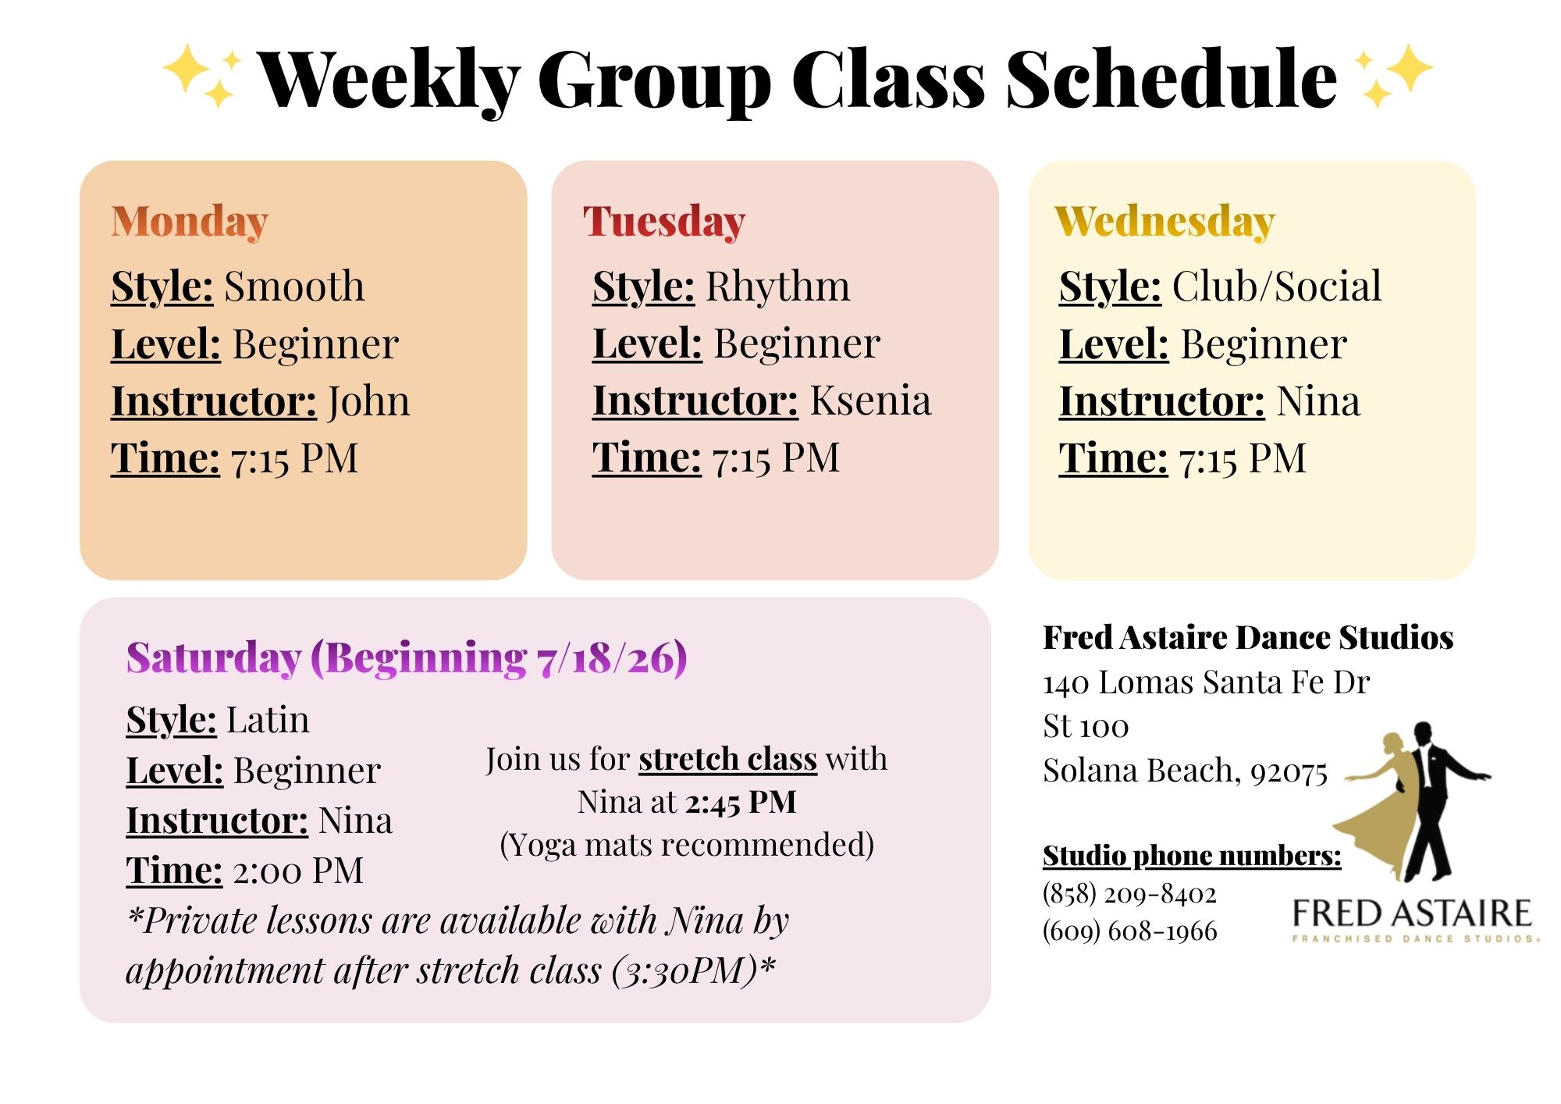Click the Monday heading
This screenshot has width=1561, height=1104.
pos(190,221)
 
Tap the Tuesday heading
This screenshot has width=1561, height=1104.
pos(664,221)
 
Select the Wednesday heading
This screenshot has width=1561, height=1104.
pos(1165,221)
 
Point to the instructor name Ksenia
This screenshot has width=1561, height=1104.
pos(870,401)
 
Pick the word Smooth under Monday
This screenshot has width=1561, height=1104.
pos(294,286)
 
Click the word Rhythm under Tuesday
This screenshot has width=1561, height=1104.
pos(778,287)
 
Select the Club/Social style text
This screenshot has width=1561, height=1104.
pos(1277,286)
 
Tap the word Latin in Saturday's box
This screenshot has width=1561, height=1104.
pos(268,719)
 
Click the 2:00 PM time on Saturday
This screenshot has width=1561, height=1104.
pos(298,871)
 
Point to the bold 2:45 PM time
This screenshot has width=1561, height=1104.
pos(741,803)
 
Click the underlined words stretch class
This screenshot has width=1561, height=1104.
pos(727,759)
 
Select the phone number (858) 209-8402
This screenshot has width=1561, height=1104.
pos(1129,893)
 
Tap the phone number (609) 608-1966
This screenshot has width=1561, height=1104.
pos(1129,931)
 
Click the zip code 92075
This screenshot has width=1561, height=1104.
pos(1289,772)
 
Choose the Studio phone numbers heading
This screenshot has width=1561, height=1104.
pos(1192,856)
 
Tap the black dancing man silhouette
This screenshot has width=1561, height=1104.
pos(1436,804)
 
